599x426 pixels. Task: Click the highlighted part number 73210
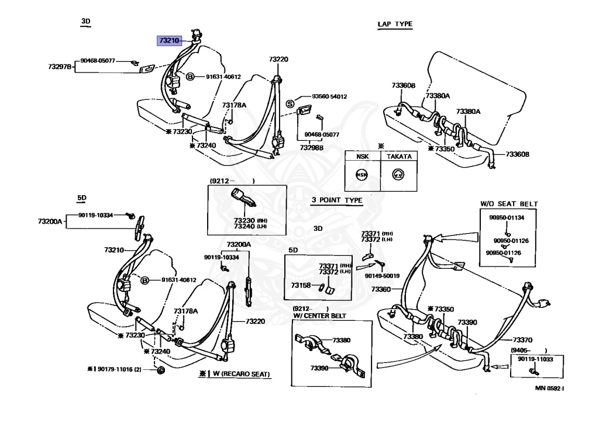pos(168,41)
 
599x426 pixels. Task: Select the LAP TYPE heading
pos(395,24)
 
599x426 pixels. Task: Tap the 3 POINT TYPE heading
pos(336,200)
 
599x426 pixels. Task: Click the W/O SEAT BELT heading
pos(509,204)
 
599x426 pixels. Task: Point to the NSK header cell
pos(362,157)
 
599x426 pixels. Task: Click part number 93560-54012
pos(329,96)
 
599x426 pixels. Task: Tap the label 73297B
pos(60,67)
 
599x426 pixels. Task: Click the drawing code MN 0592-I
pos(553,387)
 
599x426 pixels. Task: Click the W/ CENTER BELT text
pos(319,316)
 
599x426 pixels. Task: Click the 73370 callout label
pos(522,340)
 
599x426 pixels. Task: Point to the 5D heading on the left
pos(82,198)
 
